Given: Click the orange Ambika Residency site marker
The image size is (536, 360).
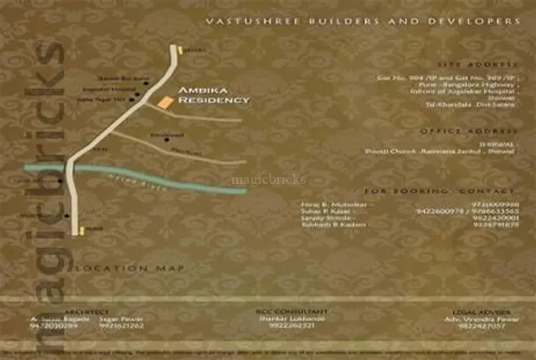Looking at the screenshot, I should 165,102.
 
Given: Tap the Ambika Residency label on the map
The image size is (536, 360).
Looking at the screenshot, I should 214,95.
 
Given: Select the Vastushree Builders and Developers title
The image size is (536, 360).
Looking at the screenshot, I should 364,22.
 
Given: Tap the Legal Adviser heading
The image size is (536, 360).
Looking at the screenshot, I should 472,311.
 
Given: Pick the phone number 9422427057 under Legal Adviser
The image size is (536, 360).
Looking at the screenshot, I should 472,326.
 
